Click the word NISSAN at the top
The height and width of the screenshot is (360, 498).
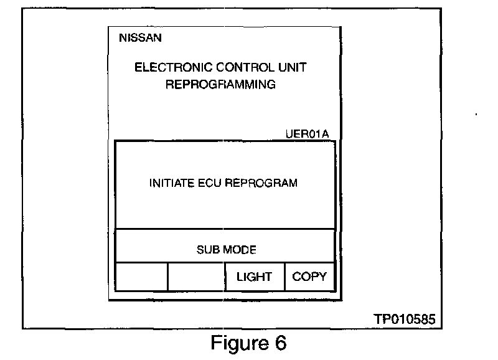click(x=140, y=39)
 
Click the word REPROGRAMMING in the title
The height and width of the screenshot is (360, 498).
click(x=220, y=84)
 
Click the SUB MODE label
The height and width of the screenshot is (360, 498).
click(x=226, y=250)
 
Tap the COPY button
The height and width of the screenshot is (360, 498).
click(x=309, y=277)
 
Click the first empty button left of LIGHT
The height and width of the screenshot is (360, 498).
click(x=141, y=277)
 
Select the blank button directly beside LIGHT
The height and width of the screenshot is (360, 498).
click(x=196, y=277)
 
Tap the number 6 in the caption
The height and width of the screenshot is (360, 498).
click(x=279, y=343)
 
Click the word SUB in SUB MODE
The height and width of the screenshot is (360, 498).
click(x=207, y=250)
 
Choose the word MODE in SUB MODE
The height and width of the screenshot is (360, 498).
click(x=238, y=250)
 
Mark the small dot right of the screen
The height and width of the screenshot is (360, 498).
click(x=476, y=115)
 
